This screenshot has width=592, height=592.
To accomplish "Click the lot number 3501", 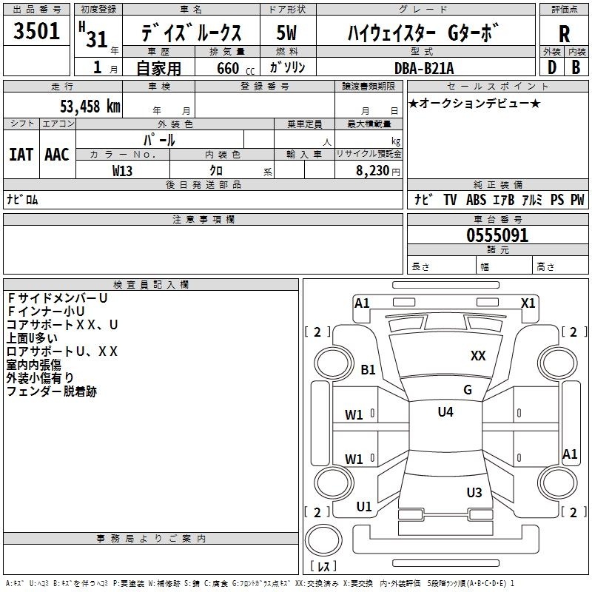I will point(37,32).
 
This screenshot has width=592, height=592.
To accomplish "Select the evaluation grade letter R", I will point(564,33).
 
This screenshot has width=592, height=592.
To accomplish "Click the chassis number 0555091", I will point(497,235).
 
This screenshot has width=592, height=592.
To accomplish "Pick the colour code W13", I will point(123,170).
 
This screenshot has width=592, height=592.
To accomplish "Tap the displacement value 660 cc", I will point(226,68).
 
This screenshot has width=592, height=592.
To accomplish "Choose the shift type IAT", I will point(21,154).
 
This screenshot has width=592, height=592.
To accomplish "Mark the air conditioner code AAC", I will point(56,154).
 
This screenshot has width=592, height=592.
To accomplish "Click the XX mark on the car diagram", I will point(478,356).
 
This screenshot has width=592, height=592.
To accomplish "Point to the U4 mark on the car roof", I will point(445,412).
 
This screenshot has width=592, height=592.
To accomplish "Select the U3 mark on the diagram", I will point(474,492).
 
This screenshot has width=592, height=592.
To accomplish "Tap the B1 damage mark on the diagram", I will point(368,369).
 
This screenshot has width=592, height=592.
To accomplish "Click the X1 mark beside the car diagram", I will point(528,303).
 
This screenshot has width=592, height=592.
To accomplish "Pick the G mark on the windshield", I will point(467,390).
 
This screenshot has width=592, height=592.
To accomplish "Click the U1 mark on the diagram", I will point(364,507).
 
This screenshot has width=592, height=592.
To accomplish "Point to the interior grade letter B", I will point(576,67).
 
